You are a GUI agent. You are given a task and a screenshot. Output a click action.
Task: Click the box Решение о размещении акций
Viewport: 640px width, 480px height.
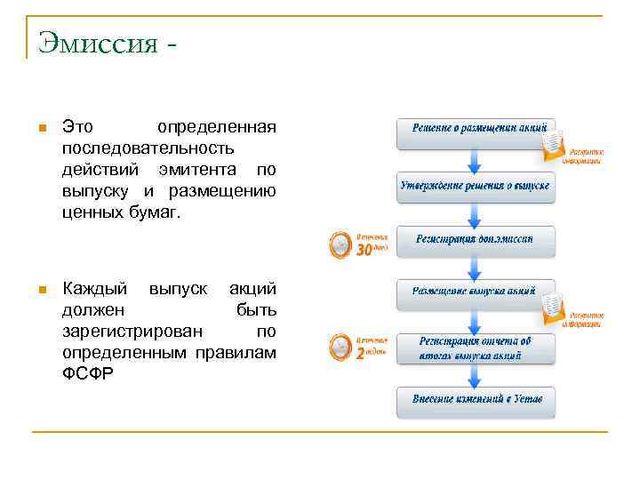476,130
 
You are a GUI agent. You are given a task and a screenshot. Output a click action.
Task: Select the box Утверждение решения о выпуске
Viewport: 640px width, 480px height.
476,187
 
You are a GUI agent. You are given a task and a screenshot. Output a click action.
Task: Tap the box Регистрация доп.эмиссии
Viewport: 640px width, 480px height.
476,240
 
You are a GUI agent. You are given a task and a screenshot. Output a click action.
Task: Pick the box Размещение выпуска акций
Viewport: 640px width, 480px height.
476,292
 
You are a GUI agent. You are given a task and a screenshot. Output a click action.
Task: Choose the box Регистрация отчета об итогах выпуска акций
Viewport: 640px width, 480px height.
476,348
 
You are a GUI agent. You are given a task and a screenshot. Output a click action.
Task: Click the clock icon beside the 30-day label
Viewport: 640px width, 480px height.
340,244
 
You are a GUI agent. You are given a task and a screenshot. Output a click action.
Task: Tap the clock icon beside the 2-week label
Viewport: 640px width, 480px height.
340,347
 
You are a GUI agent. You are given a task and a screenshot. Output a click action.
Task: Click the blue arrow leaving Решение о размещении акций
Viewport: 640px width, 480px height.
476,160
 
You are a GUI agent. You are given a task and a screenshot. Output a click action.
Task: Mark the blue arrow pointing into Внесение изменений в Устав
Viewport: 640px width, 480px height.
476,376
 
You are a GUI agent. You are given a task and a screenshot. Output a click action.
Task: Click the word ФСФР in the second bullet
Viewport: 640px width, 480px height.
88,373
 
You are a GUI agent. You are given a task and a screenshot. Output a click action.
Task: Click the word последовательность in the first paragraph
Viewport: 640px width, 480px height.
148,148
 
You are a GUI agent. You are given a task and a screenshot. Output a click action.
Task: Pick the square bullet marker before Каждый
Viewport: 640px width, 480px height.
40,290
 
